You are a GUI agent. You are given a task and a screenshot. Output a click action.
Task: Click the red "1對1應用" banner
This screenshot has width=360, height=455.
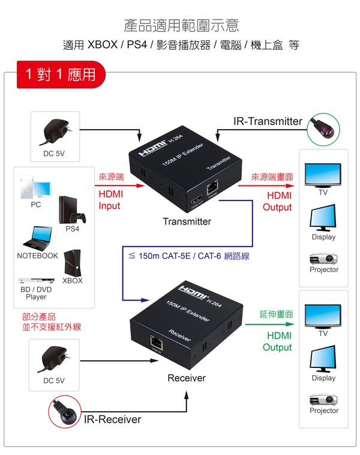pyautogui.click(x=61, y=74)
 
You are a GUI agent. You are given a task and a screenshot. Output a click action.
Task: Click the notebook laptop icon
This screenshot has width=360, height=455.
pyautogui.click(x=37, y=238)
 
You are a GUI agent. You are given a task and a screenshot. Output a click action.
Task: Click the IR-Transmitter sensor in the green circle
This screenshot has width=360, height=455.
pyautogui.click(x=323, y=127)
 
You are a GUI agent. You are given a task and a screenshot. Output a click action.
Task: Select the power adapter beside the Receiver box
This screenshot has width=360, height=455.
pyautogui.click(x=53, y=358)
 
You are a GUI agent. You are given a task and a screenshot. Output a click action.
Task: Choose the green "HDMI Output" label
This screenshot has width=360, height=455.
pyautogui.click(x=277, y=342)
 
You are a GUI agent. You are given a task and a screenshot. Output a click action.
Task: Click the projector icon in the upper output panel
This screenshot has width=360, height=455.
pyautogui.click(x=323, y=259)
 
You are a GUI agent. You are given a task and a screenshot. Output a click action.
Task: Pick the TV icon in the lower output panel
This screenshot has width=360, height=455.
pyautogui.click(x=323, y=316)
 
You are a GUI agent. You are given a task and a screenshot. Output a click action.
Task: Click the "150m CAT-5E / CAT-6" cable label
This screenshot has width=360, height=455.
pyautogui.click(x=188, y=256)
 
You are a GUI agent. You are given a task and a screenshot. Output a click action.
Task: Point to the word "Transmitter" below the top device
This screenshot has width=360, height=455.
pyautogui.click(x=187, y=221)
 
